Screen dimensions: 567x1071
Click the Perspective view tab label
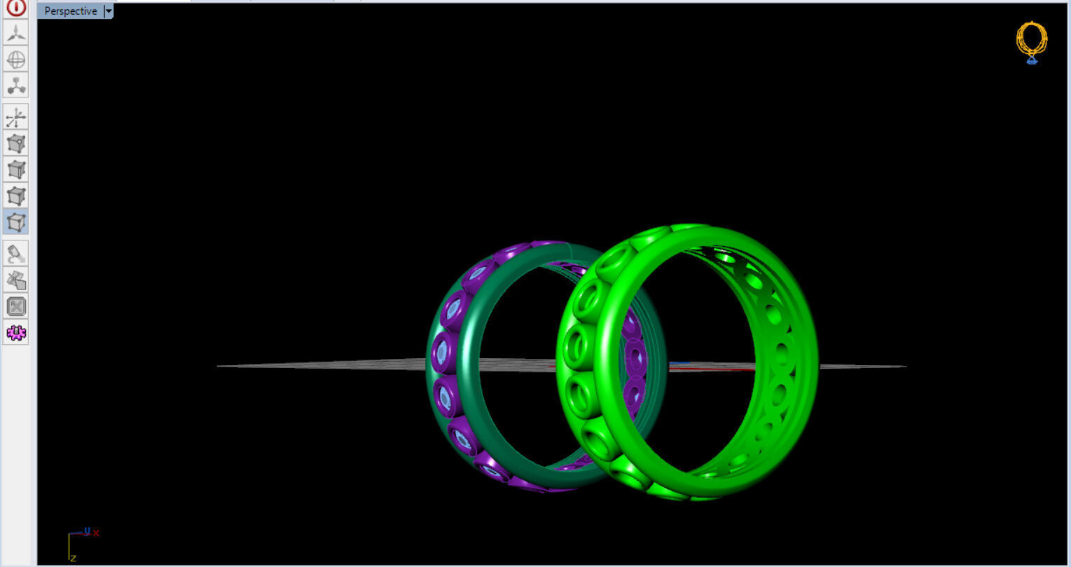coord(70,11)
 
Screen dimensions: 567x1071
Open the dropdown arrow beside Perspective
coord(109,11)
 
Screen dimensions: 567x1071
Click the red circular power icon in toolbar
coord(16,8)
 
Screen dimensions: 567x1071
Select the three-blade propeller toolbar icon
coord(16,32)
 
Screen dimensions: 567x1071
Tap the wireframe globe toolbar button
coord(16,60)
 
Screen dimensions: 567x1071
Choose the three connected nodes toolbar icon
coord(16,86)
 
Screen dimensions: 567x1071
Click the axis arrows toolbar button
coord(16,117)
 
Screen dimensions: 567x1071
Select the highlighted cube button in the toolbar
coord(16,222)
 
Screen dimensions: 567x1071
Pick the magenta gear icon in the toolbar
coord(16,332)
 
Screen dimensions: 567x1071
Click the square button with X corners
coord(16,306)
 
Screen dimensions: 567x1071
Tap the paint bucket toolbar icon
coord(16,253)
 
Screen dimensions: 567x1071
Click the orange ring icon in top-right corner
coord(1032,41)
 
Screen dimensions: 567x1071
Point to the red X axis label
coord(96,533)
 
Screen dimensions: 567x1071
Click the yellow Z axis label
coord(73,558)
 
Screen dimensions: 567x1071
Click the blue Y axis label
coord(87,531)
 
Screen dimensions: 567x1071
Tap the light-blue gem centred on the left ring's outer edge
coord(441,354)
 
